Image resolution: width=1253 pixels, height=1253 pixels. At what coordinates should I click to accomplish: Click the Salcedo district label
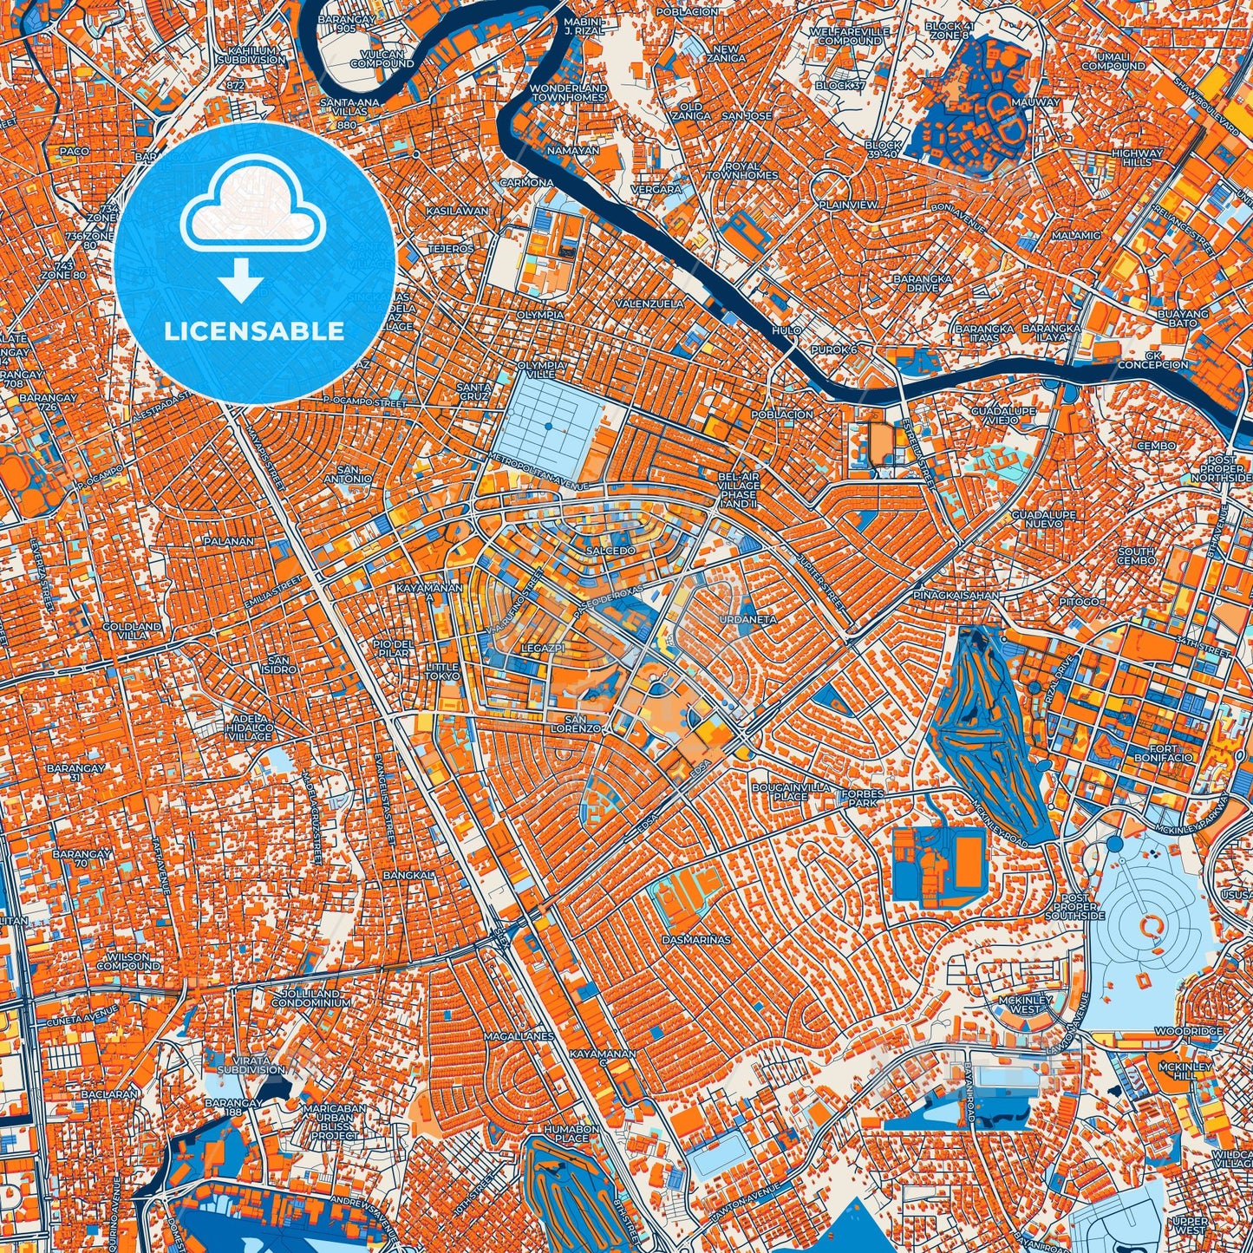point(611,551)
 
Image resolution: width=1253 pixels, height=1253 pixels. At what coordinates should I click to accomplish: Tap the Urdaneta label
point(747,620)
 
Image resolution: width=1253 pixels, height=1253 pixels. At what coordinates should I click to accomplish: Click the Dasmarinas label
point(695,939)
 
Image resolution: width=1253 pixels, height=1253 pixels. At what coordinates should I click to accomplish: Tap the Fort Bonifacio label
point(1163,753)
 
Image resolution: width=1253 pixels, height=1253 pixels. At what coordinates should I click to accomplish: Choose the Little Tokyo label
point(442,672)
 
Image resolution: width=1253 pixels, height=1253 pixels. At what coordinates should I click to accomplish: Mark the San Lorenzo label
point(582,724)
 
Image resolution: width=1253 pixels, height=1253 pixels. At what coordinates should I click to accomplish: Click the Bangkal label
point(408,875)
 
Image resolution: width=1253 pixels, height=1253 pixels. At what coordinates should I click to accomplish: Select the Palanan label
point(229,541)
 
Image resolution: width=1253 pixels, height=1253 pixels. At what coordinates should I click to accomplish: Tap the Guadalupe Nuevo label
point(1044,519)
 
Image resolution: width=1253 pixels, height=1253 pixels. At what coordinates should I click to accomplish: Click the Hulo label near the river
point(786,331)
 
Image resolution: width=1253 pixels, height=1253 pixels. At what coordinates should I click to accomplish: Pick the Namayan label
point(572,150)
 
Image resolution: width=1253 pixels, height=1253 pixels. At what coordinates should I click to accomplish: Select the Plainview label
point(848,205)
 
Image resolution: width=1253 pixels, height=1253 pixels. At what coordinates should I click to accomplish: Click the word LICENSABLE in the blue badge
point(254,331)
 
